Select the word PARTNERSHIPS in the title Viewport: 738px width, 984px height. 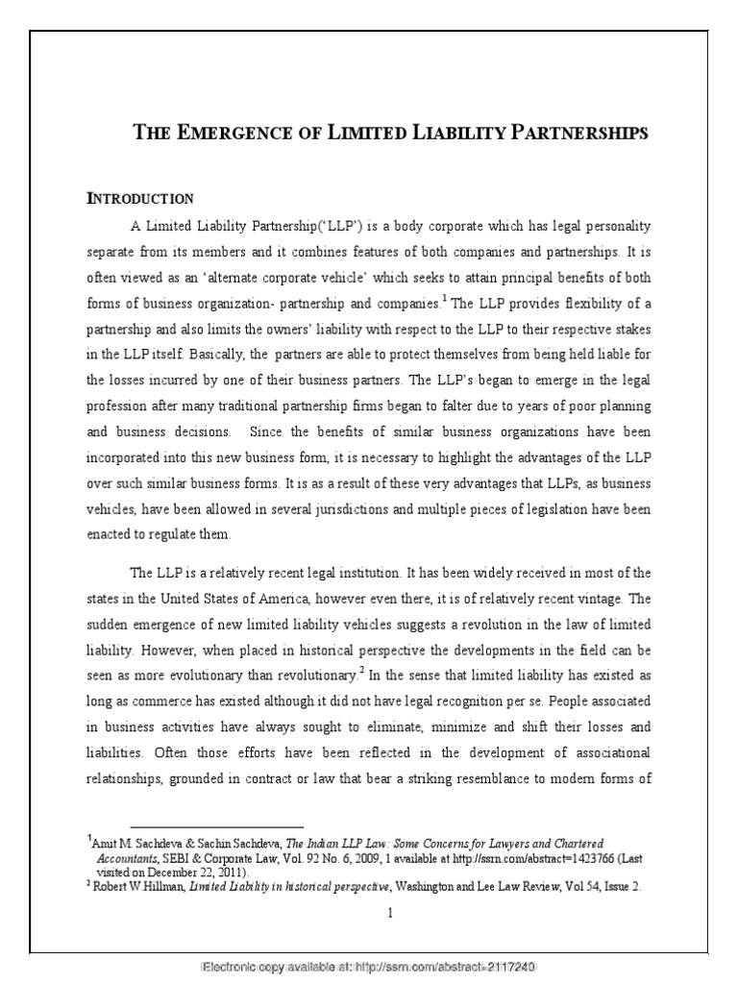pos(585,133)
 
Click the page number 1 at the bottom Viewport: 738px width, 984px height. pos(390,913)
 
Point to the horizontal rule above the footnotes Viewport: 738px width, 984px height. pos(216,825)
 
